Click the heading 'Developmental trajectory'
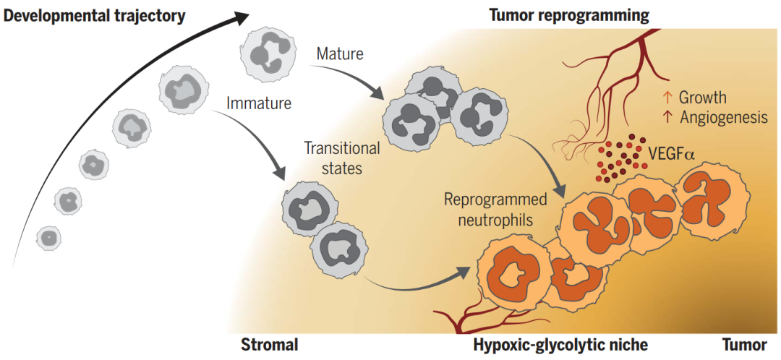point(94,14)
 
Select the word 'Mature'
point(340,53)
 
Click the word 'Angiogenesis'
point(724,117)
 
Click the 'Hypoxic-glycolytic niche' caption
point(560,344)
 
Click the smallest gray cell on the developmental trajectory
point(48,236)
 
